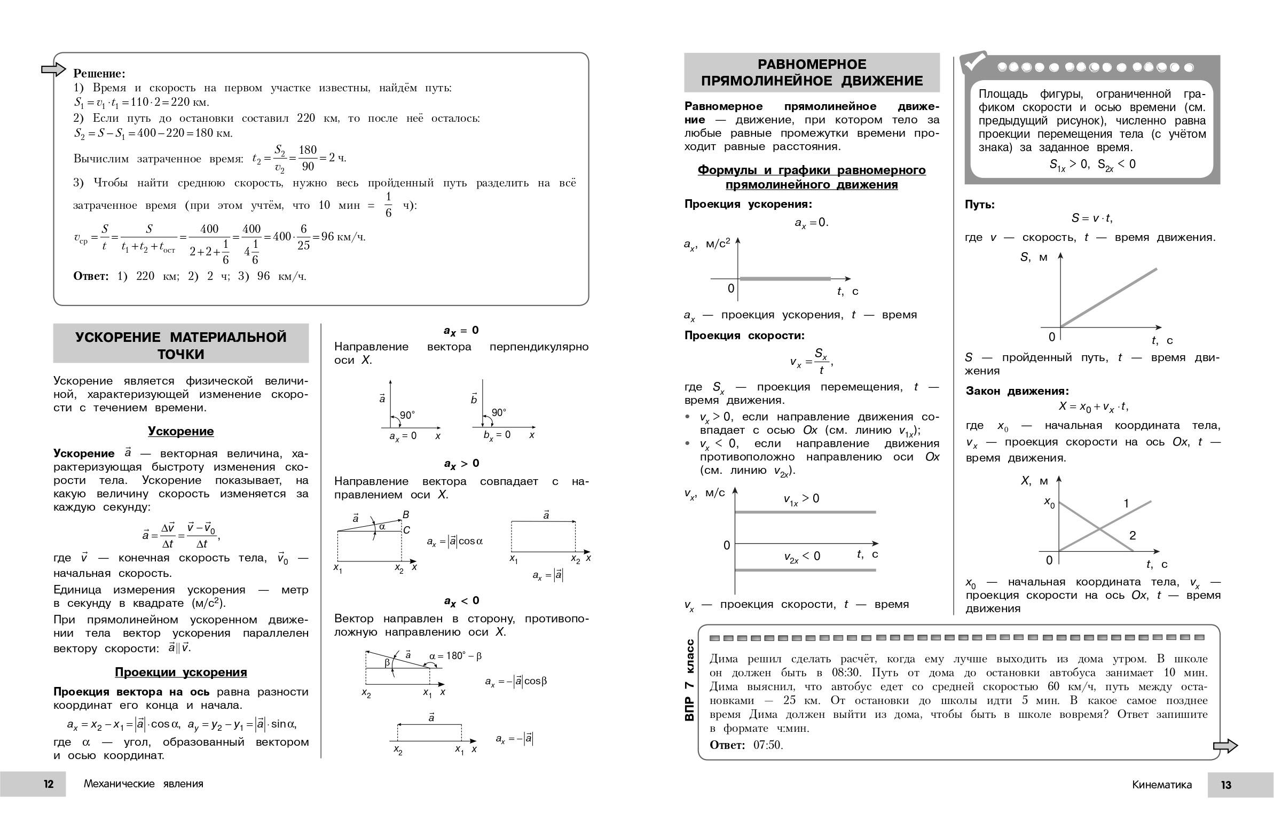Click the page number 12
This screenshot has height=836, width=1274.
click(x=49, y=784)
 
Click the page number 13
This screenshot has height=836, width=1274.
click(x=1226, y=785)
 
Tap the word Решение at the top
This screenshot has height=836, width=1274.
click(x=99, y=73)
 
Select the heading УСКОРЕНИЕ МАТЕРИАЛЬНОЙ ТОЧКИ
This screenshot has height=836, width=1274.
click(x=181, y=345)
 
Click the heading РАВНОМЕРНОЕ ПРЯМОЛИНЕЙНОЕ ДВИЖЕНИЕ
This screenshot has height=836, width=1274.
click(x=812, y=72)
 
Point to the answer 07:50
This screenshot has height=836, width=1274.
click(x=768, y=745)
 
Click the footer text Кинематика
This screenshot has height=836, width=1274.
click(x=1161, y=785)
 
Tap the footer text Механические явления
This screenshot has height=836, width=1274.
click(x=144, y=784)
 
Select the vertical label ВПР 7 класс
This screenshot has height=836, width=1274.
click(x=689, y=680)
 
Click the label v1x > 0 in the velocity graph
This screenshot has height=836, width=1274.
click(x=801, y=499)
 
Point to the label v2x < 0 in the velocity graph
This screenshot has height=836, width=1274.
click(x=801, y=557)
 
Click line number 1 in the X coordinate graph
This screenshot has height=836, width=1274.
click(x=1126, y=503)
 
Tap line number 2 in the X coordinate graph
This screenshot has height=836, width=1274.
click(x=1133, y=535)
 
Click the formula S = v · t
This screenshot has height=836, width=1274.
click(x=1091, y=218)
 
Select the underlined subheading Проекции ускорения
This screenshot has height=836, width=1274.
click(x=181, y=672)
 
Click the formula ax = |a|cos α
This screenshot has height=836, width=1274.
click(x=454, y=542)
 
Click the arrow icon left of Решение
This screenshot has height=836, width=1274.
click(x=53, y=69)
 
